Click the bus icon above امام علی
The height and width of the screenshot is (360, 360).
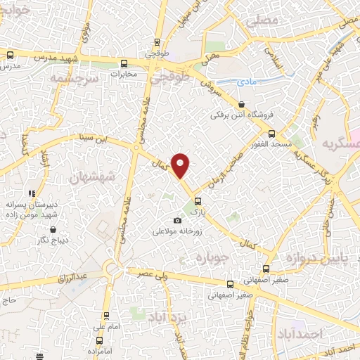(106, 316)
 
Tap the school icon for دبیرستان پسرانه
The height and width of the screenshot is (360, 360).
(31, 193)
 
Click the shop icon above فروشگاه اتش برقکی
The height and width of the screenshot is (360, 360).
(241, 104)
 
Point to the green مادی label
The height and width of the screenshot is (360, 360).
(246, 82)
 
